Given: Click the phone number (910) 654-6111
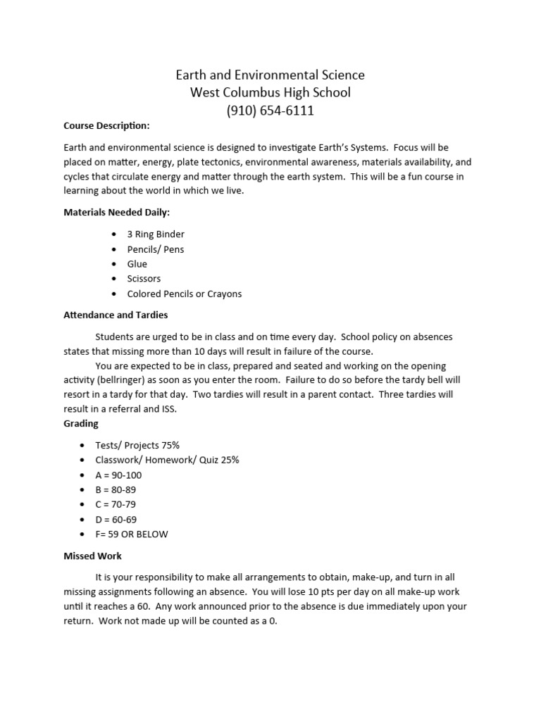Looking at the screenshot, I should click(x=270, y=111).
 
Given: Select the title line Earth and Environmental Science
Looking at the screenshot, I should click(x=270, y=75).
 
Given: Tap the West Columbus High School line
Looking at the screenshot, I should click(x=270, y=93).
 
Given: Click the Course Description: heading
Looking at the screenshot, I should click(x=106, y=126).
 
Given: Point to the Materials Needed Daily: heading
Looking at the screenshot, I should click(x=116, y=212).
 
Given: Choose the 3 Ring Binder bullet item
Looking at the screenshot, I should click(x=156, y=234).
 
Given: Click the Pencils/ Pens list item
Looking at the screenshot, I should click(x=156, y=249).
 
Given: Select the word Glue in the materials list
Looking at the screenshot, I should click(x=137, y=264).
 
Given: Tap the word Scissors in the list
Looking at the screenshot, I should click(x=144, y=279).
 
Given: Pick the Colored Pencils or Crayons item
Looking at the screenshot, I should click(x=184, y=294).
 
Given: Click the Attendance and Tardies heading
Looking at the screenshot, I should click(x=116, y=315).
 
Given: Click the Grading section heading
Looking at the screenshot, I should click(x=81, y=424).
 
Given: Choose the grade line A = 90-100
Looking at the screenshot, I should click(x=118, y=475).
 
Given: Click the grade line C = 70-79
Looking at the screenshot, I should click(x=116, y=504).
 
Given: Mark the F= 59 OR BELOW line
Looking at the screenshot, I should click(x=132, y=534).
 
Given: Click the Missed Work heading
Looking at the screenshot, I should click(x=92, y=556).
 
